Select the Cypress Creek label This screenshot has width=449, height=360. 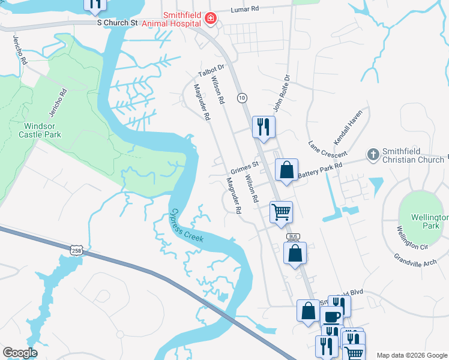187,226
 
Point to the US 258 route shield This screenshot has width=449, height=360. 76,250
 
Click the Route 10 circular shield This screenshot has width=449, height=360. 242,97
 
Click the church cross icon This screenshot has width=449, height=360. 373,155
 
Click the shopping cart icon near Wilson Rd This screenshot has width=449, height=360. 281,212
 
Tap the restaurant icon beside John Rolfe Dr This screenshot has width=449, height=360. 263,127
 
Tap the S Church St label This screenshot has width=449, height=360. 118,22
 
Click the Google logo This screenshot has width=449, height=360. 20,353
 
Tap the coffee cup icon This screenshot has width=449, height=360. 331,317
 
